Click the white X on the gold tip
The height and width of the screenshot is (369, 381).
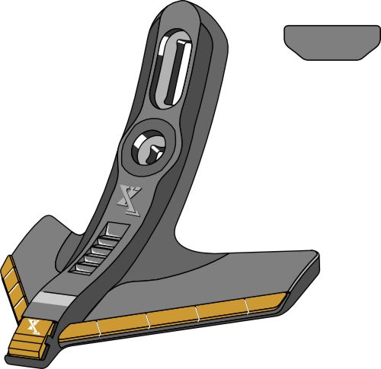pos(34,327)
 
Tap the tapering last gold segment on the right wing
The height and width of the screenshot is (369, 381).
pos(271,304)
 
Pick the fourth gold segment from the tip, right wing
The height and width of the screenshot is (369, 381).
pos(222,310)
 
